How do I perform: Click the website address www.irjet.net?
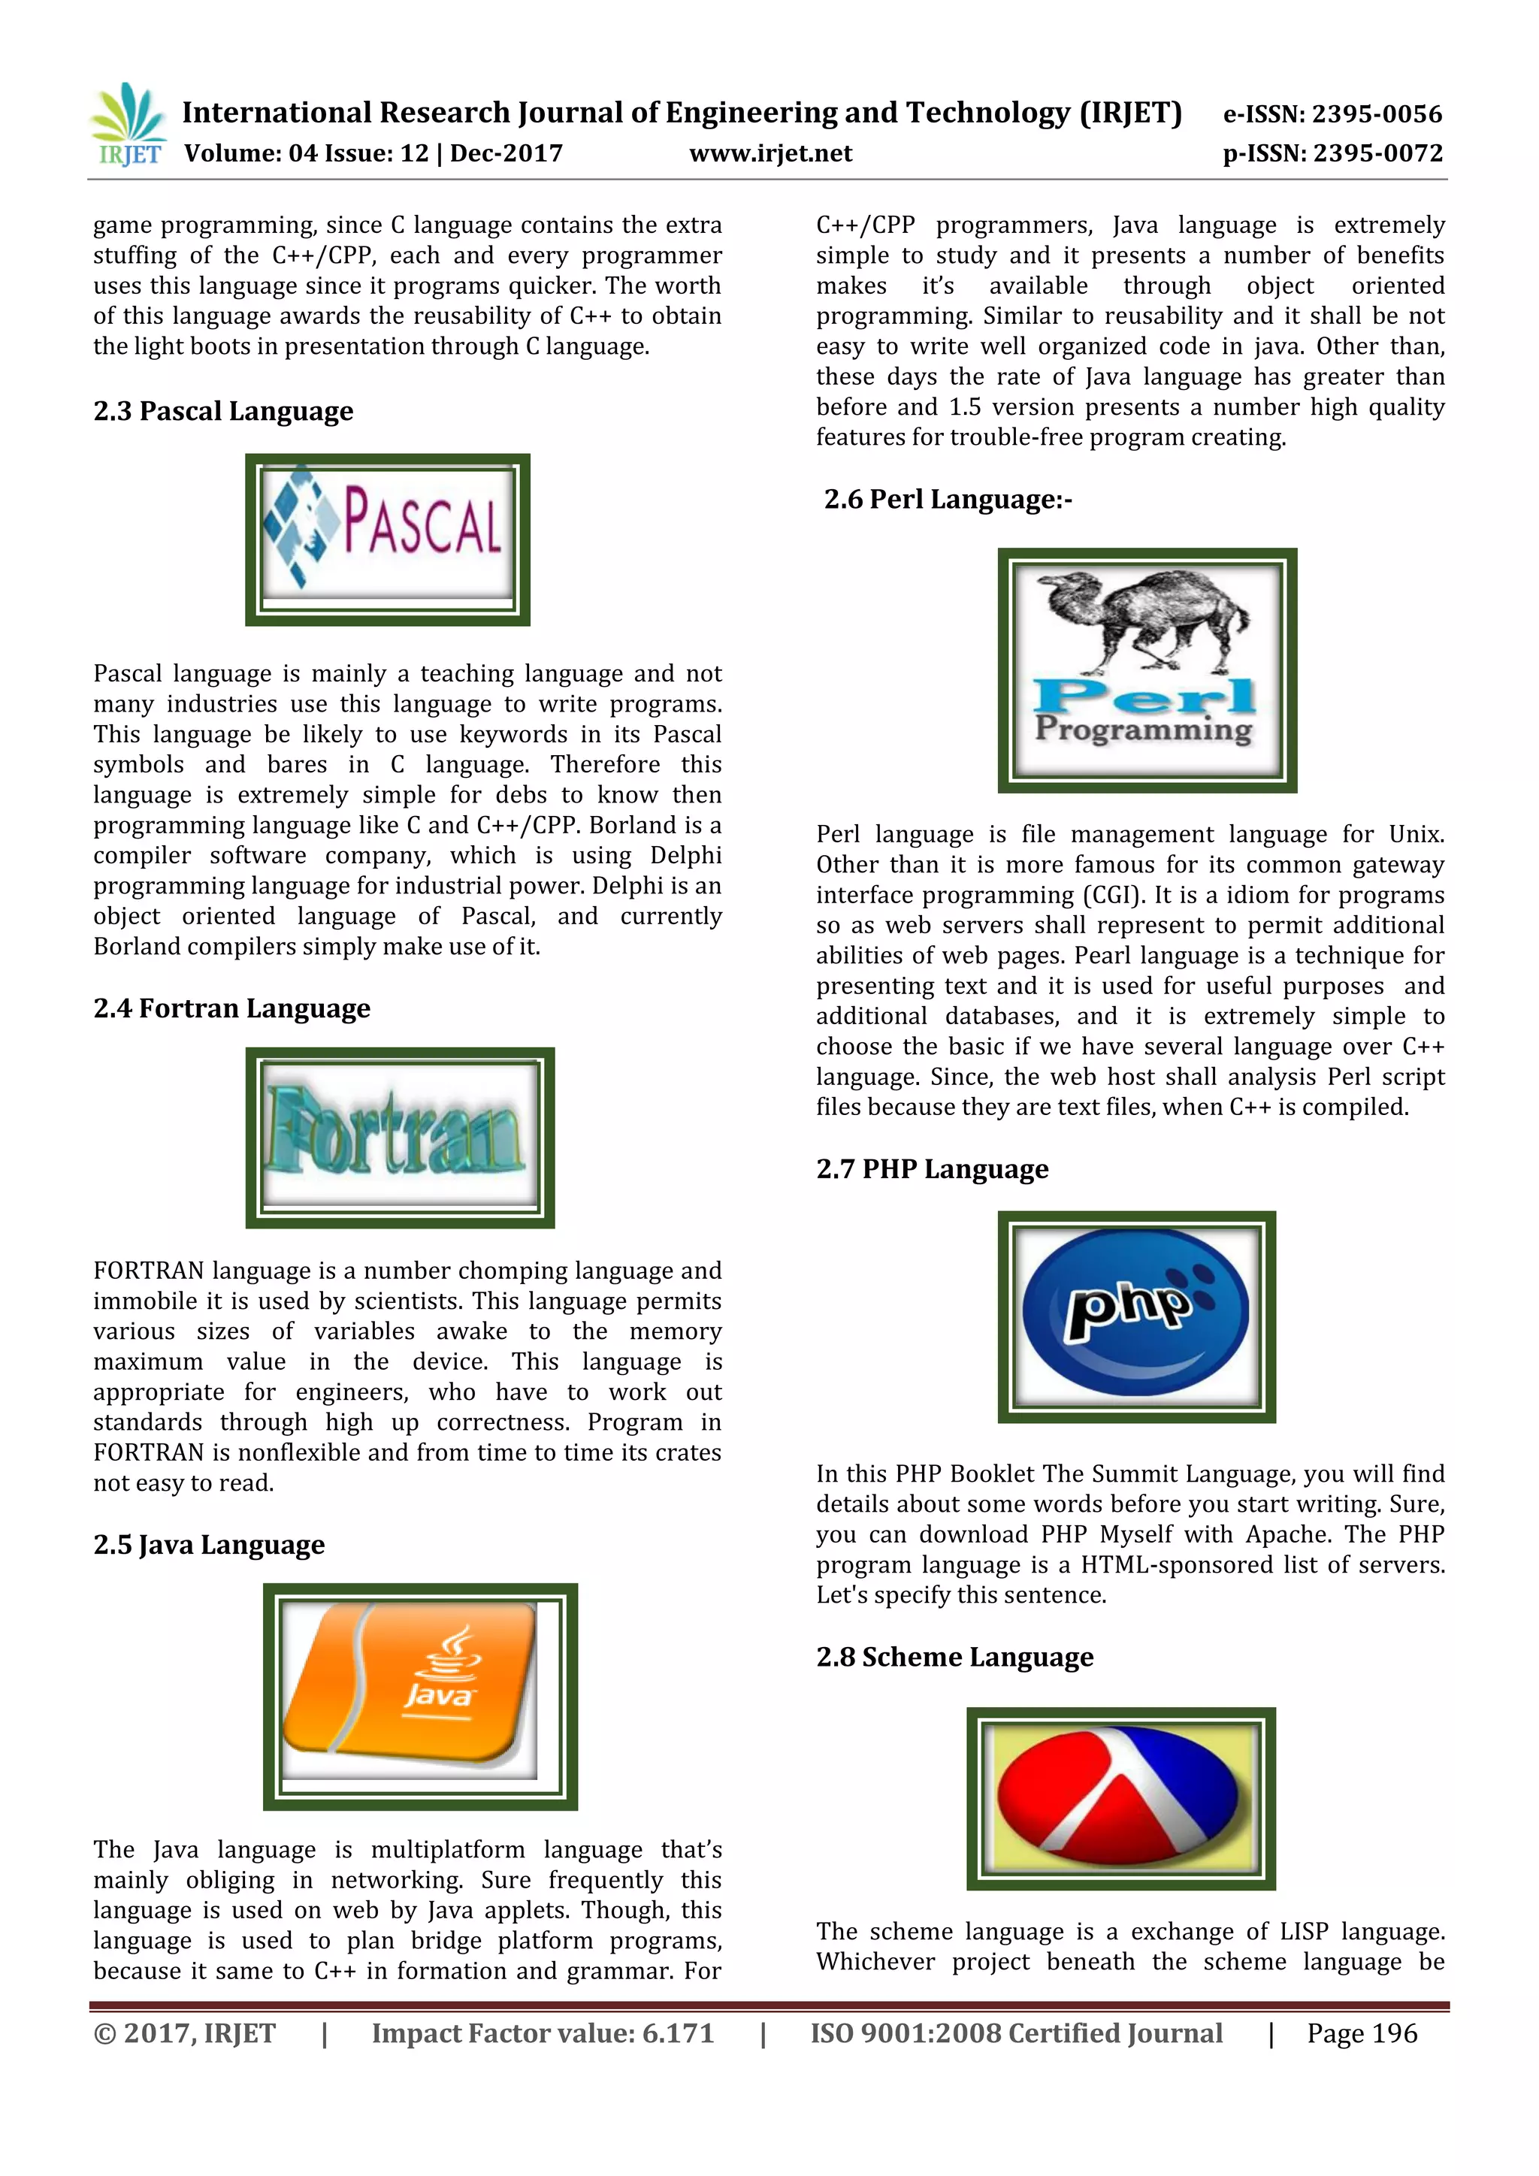pos(770,153)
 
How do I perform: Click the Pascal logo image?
pos(388,539)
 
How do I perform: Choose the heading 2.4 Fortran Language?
pos(231,1008)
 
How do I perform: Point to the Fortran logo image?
pos(399,1138)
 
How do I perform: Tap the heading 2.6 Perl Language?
pos(948,500)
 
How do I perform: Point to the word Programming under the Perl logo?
pos(1144,729)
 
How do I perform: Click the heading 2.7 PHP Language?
pos(933,1169)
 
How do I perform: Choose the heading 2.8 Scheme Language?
pos(954,1657)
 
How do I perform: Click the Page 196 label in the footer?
pos(1362,2034)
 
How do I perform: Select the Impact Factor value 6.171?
pos(542,2034)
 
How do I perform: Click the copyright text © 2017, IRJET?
pos(184,2034)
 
